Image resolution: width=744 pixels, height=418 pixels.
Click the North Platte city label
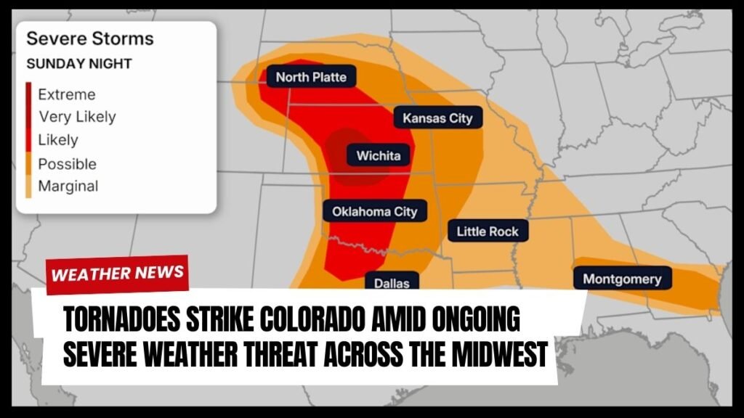(311, 77)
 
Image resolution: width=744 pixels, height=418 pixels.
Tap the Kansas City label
(437, 118)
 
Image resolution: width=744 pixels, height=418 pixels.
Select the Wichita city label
(378, 155)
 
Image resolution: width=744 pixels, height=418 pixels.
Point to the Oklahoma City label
(375, 212)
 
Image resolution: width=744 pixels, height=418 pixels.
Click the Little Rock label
(488, 231)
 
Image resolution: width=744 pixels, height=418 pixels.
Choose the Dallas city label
(392, 284)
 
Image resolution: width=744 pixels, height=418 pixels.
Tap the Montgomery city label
(622, 279)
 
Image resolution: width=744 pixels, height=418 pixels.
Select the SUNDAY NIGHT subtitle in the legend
(79, 64)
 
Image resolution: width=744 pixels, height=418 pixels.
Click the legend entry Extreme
(66, 94)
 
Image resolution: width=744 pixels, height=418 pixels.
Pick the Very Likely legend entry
(76, 117)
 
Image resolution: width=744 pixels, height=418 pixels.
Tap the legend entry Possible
(67, 163)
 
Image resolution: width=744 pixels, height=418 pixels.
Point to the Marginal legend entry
(68, 186)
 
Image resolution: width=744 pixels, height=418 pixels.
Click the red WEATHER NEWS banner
(118, 274)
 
